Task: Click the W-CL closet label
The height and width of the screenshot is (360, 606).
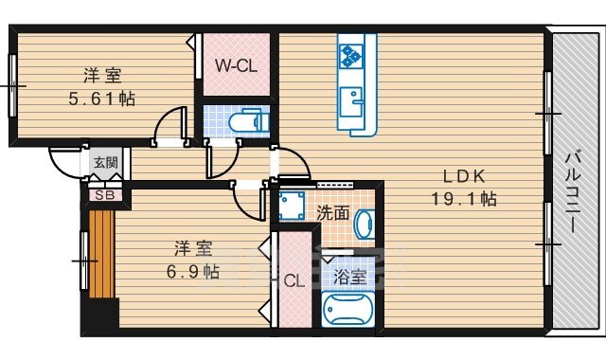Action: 236,66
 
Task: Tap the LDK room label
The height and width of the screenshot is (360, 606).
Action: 464,177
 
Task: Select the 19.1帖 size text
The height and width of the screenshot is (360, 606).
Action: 464,199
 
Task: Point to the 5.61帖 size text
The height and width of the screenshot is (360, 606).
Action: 102,99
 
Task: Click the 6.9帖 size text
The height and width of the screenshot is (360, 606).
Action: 193,272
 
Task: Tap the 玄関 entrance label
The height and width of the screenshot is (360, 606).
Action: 105,162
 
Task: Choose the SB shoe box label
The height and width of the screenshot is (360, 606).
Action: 105,195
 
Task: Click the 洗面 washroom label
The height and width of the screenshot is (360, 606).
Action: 332,213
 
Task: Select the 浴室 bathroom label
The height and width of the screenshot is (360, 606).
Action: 349,278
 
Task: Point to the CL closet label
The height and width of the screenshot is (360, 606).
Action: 294,281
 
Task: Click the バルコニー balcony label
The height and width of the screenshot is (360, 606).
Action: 574,193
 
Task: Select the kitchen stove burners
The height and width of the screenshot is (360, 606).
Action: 351,56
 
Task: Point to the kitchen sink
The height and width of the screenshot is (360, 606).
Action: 351,102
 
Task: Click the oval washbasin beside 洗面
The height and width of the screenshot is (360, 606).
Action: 365,225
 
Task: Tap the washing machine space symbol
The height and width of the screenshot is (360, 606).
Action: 292,207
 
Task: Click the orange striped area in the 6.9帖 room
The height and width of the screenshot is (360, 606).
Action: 101,254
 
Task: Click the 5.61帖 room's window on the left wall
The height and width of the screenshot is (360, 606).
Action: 12,85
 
